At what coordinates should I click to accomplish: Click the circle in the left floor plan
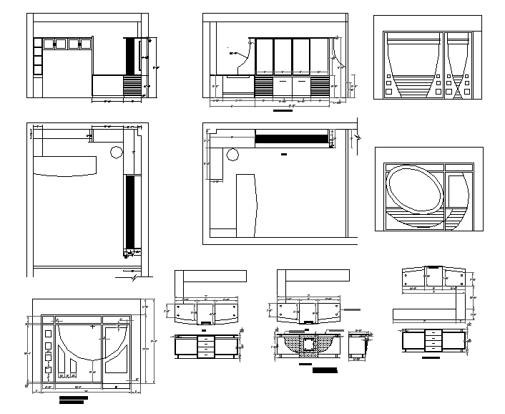point(115,151)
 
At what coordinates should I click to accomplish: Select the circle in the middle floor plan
point(232,155)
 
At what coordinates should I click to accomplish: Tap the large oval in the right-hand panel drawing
point(415,190)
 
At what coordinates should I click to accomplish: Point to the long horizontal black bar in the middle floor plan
point(290,138)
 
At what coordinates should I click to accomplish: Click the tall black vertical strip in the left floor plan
point(129,211)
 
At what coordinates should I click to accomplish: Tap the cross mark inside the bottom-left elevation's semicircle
point(94,326)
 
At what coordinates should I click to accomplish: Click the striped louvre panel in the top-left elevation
point(133,88)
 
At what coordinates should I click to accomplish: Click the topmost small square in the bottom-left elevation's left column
point(48,332)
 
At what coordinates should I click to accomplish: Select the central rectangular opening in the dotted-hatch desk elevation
point(308,347)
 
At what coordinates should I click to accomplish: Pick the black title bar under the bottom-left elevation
point(74,398)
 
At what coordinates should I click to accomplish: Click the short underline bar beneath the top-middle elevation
point(283,112)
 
